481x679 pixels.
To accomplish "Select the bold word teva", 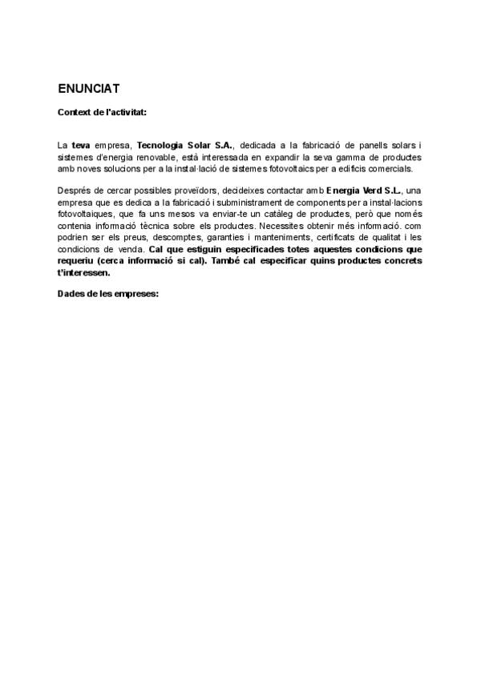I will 81,145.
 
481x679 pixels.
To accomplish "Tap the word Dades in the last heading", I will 72,293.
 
